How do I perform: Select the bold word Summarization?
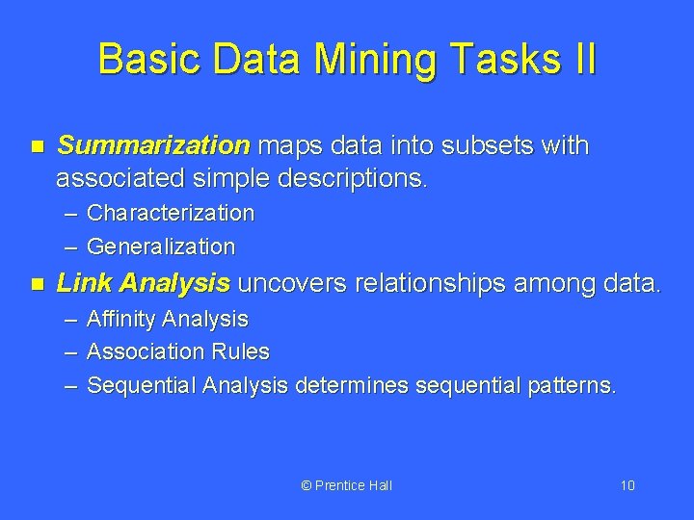coord(153,146)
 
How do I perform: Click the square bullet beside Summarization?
coord(38,147)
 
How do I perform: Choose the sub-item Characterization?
coord(171,212)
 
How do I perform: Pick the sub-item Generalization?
coord(161,247)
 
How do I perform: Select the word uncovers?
coord(293,283)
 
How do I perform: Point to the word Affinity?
coord(121,319)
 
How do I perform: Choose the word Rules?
coord(244,352)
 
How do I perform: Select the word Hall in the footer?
coord(380,485)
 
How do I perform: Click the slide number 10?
coord(627,485)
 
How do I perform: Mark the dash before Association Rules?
coord(70,352)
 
